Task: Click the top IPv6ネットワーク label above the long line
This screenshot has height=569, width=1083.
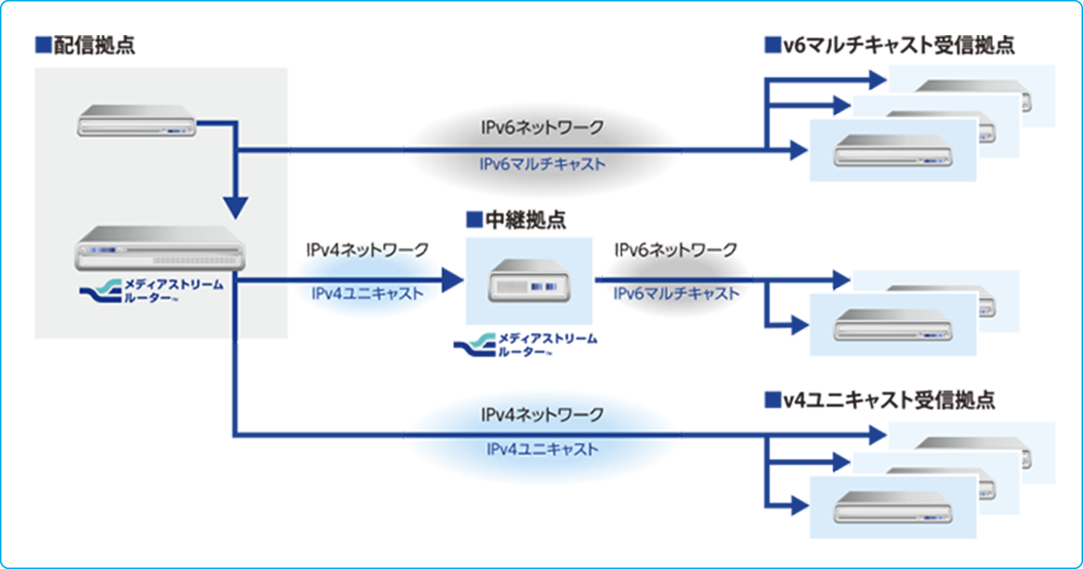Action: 542,127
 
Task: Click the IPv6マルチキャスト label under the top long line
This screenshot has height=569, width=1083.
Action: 542,165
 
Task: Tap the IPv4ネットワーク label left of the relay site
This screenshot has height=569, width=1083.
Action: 367,249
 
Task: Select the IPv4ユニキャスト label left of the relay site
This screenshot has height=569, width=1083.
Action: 367,293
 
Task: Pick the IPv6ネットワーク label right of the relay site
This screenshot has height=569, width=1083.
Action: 676,249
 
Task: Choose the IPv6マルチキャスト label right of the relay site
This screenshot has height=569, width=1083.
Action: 676,293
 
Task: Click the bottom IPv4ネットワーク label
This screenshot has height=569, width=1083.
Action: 542,415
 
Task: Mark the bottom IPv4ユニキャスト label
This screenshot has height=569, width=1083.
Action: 542,449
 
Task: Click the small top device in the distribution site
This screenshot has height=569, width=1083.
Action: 136,121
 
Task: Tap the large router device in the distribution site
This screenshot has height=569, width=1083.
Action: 160,248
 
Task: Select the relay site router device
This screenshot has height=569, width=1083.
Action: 529,281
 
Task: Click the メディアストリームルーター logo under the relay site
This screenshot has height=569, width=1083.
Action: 525,345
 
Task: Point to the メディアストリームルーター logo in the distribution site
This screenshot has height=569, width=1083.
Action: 151,291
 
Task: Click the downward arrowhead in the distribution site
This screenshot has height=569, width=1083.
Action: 236,208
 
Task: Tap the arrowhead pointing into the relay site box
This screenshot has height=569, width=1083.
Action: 452,280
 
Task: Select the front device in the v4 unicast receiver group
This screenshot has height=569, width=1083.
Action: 893,507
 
